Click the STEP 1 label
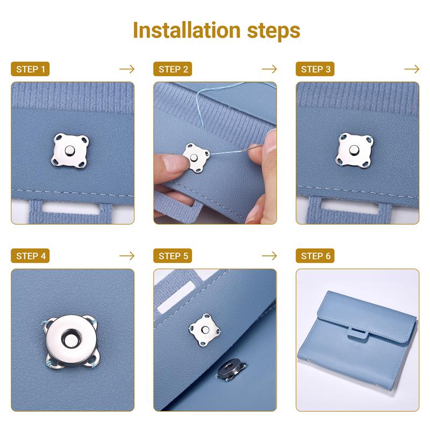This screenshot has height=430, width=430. point(30,69)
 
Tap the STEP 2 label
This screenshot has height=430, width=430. point(173,69)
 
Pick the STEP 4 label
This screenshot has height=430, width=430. point(30,256)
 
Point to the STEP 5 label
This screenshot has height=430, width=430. point(173,256)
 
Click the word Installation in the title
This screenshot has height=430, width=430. point(184,30)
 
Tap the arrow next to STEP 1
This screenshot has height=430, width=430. point(127,69)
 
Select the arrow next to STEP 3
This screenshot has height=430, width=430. point(412,69)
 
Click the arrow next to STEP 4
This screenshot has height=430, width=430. point(127,256)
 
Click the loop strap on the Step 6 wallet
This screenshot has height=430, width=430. point(358,334)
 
